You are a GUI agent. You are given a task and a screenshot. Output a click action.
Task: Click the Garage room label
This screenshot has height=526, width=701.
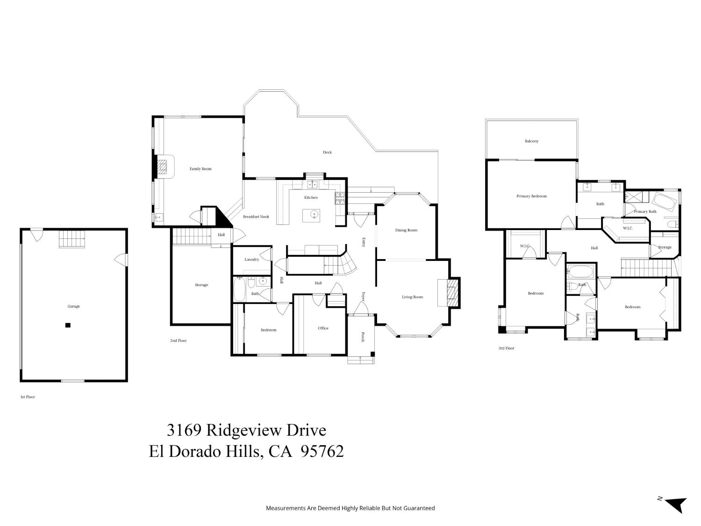(73, 306)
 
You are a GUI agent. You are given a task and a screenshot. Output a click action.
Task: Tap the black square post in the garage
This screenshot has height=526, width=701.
(68, 325)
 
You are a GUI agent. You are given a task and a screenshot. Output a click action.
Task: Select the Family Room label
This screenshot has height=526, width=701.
(200, 169)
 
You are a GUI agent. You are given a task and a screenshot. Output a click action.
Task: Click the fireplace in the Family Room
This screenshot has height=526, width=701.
(162, 167)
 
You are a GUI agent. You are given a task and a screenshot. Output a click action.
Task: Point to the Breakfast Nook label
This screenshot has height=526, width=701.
(256, 216)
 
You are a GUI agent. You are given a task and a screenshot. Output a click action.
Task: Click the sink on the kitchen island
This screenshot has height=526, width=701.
(315, 215)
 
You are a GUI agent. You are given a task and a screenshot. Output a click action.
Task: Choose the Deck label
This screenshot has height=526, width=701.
(327, 152)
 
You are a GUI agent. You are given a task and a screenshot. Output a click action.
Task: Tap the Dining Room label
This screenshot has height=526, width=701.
(406, 230)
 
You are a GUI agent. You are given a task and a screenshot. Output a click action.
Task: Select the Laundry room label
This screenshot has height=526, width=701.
(251, 259)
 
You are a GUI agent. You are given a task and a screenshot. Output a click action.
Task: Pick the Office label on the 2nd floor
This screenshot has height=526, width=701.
(323, 328)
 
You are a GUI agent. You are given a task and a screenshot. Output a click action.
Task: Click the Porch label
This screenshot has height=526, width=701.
(363, 337)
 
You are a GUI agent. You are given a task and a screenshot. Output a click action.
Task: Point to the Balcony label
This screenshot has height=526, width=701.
(531, 141)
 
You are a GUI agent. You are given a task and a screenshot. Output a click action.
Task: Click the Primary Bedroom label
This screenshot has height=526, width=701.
(531, 196)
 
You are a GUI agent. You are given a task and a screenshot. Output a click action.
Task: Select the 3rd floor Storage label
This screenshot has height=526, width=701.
(665, 247)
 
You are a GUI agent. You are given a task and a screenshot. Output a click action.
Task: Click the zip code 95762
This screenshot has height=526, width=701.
(322, 451)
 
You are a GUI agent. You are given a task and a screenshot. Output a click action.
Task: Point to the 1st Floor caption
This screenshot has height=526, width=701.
(28, 397)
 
